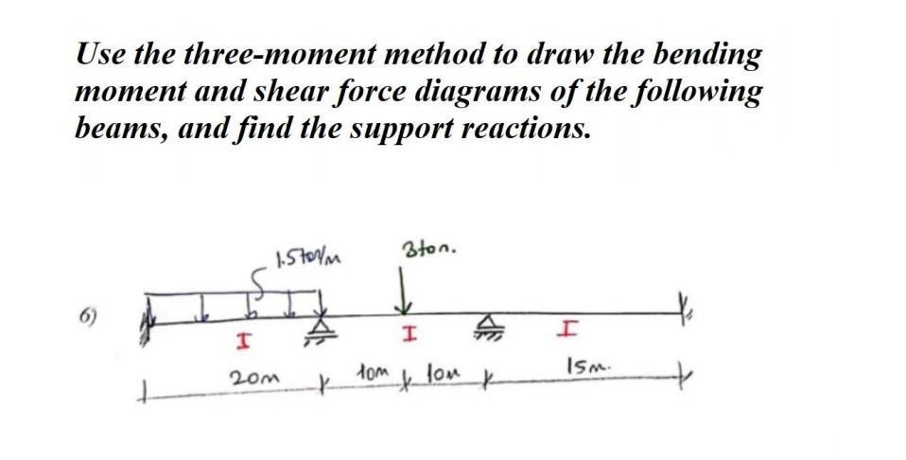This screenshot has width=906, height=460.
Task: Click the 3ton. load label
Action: (430, 252)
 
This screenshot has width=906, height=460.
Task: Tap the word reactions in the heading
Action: (527, 128)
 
